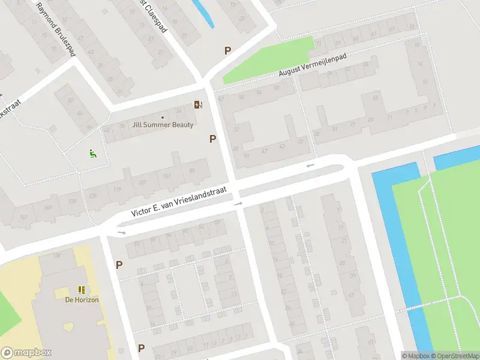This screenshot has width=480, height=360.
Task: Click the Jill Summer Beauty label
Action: point(163,125)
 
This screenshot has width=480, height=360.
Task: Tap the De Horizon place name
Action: point(82,300)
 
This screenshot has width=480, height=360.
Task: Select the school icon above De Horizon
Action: point(82,290)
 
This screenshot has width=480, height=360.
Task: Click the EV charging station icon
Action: point(198,105)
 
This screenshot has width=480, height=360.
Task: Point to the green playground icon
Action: point(92,154)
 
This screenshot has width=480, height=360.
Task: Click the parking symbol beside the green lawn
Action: point(227,51)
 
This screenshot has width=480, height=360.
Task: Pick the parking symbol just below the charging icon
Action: point(212,139)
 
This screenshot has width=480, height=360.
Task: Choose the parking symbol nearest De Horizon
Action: point(119,265)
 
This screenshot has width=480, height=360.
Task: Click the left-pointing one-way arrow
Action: point(310,165)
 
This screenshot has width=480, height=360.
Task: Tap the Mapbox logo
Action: point(26,353)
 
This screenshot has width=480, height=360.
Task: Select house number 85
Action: point(192,171)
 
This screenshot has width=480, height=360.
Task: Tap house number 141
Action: point(24,217)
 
